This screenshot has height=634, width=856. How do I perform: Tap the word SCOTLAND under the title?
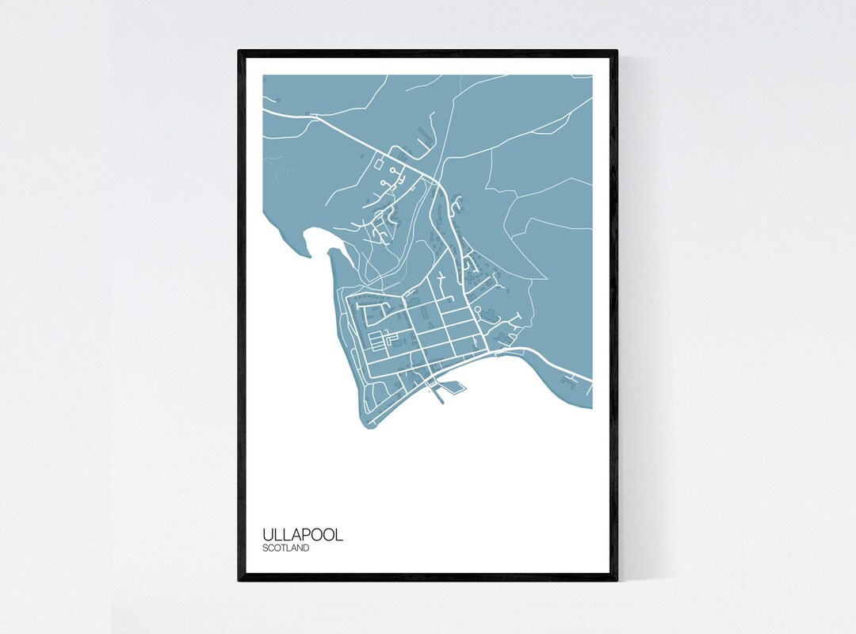click(x=285, y=548)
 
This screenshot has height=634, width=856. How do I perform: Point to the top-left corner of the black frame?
click(x=239, y=52)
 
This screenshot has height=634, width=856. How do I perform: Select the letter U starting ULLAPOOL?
click(x=268, y=534)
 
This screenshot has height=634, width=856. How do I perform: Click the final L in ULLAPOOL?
click(x=338, y=534)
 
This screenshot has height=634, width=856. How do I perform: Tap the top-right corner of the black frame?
click(x=616, y=52)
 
